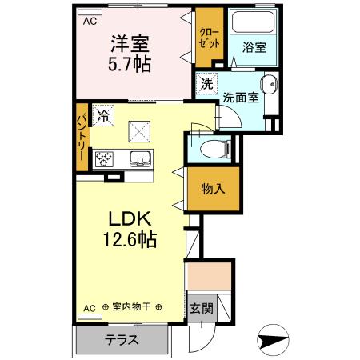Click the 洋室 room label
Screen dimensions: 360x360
129,42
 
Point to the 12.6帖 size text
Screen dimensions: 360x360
128,238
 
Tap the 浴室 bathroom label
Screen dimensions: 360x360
254,47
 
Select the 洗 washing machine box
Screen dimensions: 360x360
206,83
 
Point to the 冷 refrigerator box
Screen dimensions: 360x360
102,115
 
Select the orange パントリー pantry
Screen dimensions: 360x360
82,137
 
